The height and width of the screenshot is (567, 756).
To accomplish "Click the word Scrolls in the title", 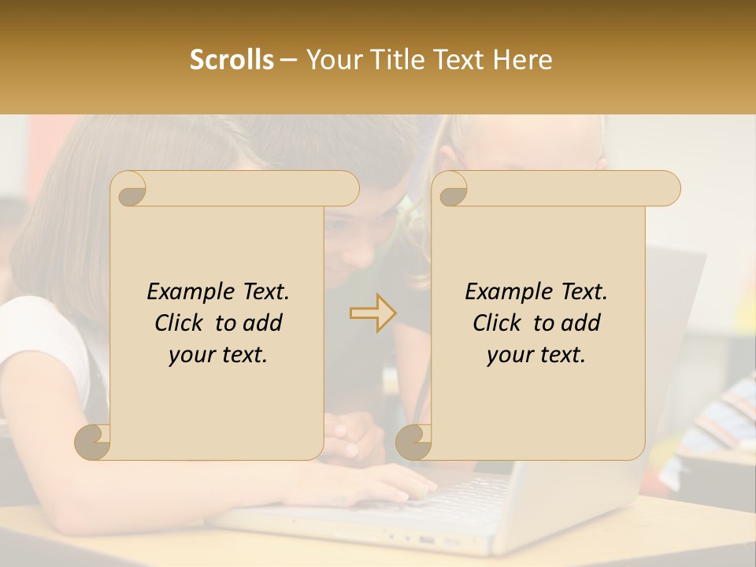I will [232, 60].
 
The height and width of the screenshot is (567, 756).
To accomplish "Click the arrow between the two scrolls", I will [372, 313].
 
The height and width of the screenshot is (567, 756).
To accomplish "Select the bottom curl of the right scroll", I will [414, 441].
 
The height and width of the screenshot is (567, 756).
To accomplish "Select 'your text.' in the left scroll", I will [217, 355].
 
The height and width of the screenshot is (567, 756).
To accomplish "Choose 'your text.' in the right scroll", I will [535, 355].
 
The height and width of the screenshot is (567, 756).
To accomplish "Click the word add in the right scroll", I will [581, 324].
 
